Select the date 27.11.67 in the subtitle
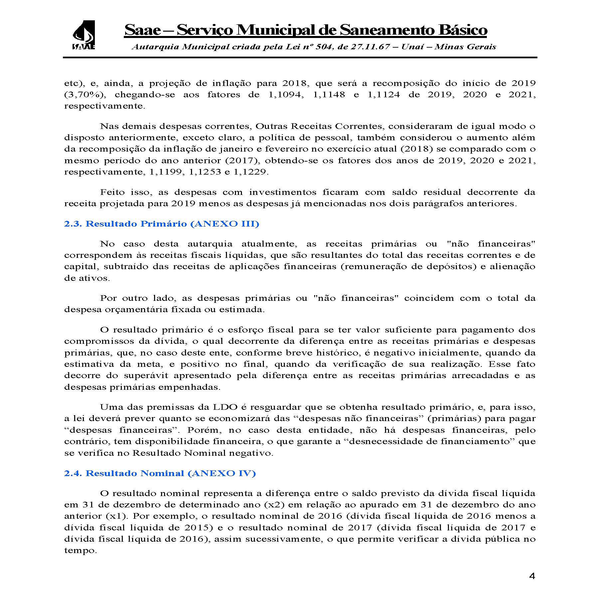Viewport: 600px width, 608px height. [x=369, y=47]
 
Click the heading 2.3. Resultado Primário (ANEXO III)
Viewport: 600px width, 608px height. [x=161, y=224]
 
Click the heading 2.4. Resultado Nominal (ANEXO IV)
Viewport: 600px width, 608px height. [x=160, y=473]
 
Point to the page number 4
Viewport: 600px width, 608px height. [x=532, y=586]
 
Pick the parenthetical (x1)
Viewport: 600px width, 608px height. [x=117, y=516]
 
